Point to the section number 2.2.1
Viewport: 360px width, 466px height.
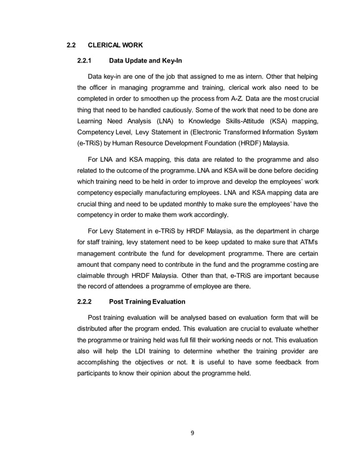85,61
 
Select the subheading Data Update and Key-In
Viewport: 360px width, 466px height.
146,61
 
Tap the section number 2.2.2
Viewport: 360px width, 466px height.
85,302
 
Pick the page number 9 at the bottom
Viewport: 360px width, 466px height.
192,433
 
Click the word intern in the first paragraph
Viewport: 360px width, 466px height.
256,76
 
